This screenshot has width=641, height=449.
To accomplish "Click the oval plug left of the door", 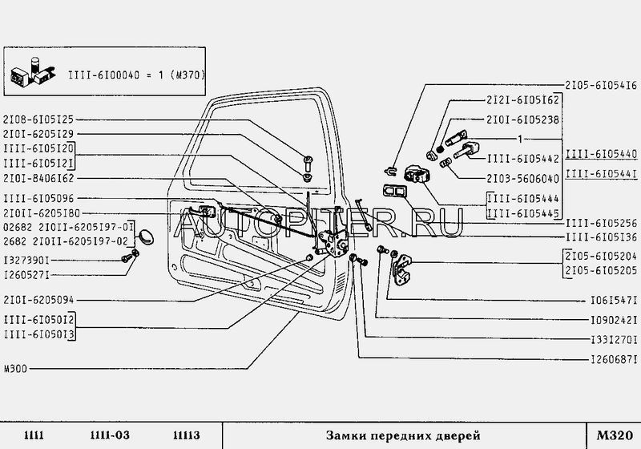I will pyautogui.click(x=145, y=234).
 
